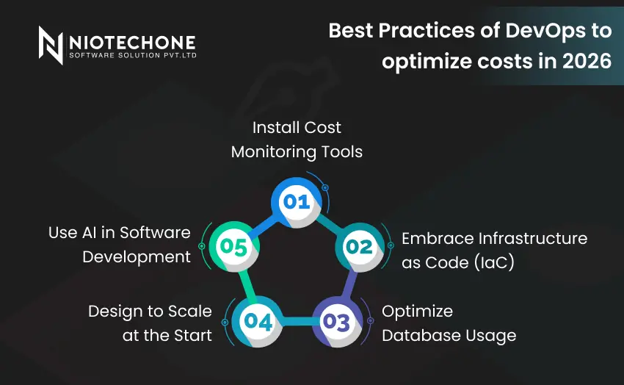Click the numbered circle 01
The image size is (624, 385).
pos(296,200)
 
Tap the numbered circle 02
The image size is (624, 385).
pos(358,247)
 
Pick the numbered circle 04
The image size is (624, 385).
pos(258,321)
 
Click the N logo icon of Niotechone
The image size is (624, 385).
pos(51,45)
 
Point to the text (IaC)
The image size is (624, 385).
pos(490,262)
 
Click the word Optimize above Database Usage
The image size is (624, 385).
pos(417,311)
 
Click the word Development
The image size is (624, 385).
pos(137,256)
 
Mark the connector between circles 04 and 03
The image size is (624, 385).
pos(297,321)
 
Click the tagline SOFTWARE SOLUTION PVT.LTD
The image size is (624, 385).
pos(132,55)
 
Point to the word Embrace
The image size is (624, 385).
pos(438,238)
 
